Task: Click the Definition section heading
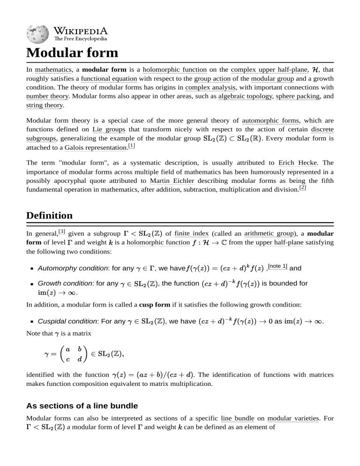pyautogui.click(x=49, y=215)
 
